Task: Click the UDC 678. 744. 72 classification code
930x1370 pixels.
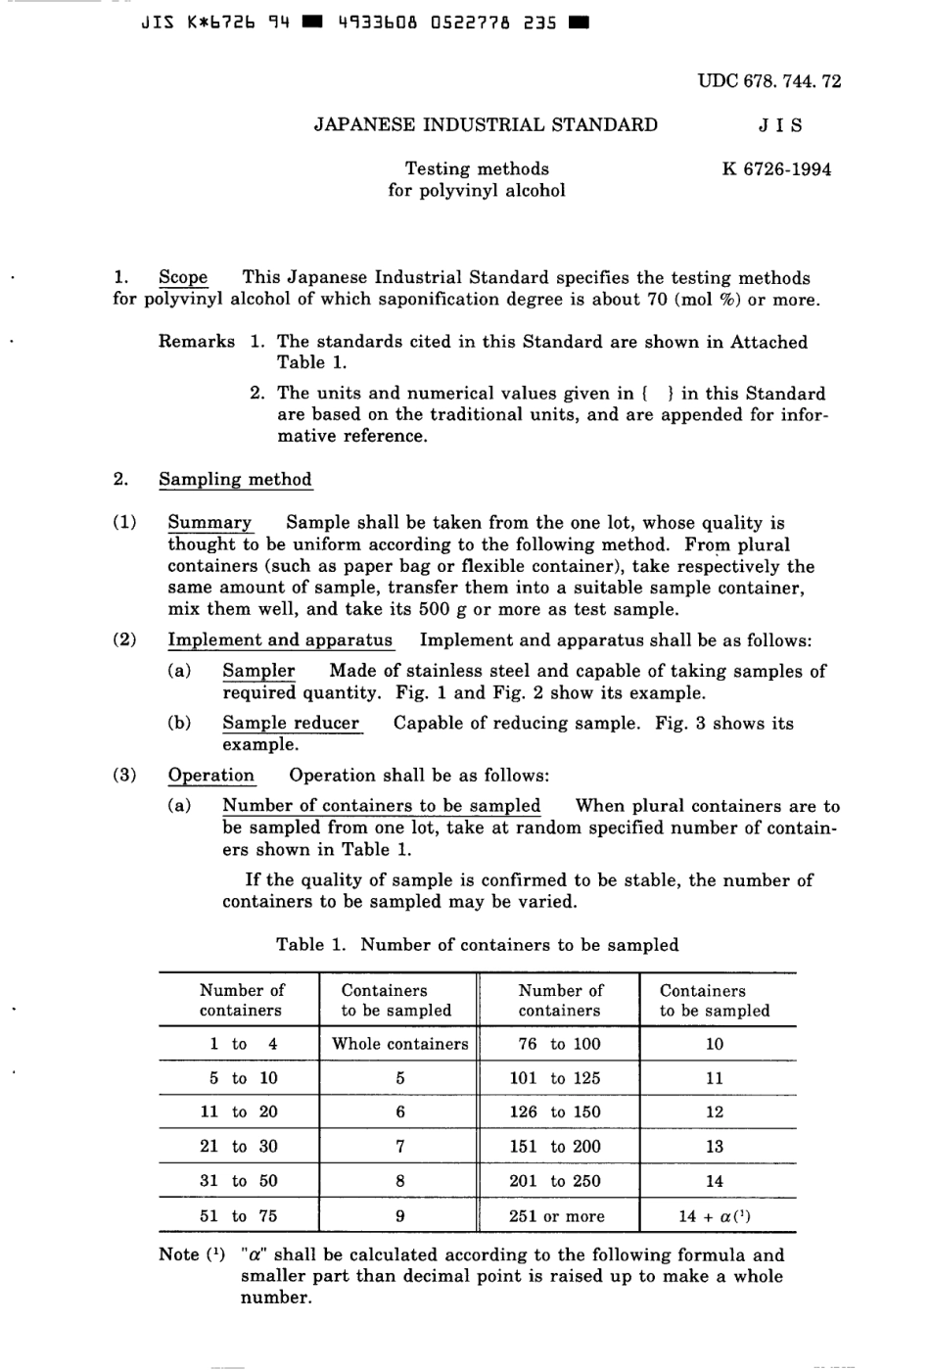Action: pyautogui.click(x=768, y=81)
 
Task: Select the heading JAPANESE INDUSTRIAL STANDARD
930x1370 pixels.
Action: pyautogui.click(x=486, y=124)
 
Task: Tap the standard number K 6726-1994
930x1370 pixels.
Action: pyautogui.click(x=776, y=168)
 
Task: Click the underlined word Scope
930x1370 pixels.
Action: pyautogui.click(x=183, y=277)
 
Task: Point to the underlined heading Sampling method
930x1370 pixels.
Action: pyautogui.click(x=235, y=479)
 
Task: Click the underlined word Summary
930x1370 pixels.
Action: pyautogui.click(x=209, y=522)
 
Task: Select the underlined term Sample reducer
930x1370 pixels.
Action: pyautogui.click(x=291, y=723)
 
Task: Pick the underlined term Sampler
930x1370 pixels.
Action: pyautogui.click(x=258, y=671)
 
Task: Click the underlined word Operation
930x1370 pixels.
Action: pyautogui.click(x=210, y=775)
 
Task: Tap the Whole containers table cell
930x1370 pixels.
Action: pyautogui.click(x=399, y=1044)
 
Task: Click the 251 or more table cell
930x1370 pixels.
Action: pyautogui.click(x=557, y=1216)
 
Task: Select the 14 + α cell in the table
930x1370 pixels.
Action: pyautogui.click(x=715, y=1216)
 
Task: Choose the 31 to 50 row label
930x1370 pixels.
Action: pyautogui.click(x=239, y=1181)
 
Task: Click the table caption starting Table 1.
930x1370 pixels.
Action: pyautogui.click(x=477, y=944)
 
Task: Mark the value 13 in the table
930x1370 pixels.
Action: pyautogui.click(x=715, y=1147)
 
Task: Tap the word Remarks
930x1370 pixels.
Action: pyautogui.click(x=197, y=342)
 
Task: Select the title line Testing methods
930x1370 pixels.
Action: pyautogui.click(x=477, y=168)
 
